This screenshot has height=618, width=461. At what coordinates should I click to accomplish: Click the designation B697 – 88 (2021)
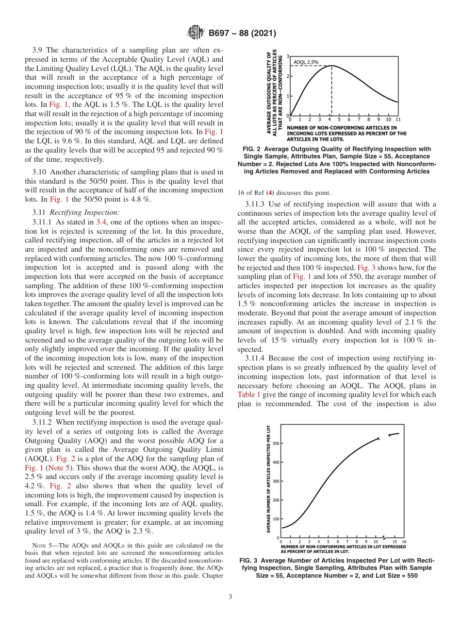pos(242,34)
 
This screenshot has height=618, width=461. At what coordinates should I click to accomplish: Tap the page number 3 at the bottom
pos(230,597)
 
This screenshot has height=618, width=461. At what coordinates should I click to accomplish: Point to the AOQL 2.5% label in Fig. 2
pos(306,62)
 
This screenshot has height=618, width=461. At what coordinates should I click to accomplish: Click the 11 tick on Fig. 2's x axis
pos(398,119)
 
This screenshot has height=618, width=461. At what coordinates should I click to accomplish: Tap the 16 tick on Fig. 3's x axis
pos(404,541)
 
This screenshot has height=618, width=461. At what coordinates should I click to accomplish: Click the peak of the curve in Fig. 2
pos(331,66)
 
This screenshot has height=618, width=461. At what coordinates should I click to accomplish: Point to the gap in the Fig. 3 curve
pos(384,436)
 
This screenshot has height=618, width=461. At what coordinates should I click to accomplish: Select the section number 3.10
pos(40,172)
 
